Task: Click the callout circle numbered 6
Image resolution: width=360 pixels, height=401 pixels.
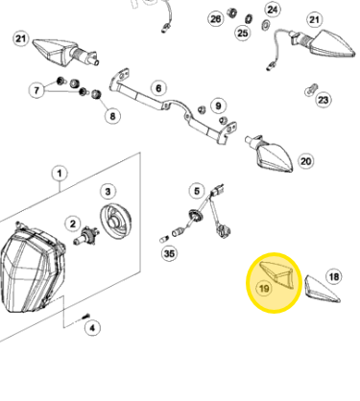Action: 158,88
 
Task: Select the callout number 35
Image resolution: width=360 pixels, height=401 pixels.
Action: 169,253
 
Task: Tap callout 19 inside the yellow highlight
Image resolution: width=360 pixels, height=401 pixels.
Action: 264,289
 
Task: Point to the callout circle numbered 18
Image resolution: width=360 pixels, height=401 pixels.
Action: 334,276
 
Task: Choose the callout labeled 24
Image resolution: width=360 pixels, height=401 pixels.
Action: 273,10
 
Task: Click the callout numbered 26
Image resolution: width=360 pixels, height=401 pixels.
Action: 216,19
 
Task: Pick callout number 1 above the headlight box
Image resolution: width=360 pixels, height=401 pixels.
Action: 60,174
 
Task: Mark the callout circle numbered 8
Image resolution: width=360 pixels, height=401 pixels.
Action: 112,116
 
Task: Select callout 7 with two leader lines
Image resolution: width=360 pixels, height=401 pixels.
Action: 36,90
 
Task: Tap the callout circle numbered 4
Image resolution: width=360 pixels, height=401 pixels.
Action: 92,328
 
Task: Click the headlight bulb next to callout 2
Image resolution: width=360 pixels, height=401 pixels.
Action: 85,236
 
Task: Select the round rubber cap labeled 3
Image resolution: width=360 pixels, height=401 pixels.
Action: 116,223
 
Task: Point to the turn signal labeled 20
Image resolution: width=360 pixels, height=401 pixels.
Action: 271,154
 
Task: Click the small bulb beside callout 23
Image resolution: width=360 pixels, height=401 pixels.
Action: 311,90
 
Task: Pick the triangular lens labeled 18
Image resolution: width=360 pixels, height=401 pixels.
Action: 322,289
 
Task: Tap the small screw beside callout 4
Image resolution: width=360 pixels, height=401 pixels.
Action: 85,317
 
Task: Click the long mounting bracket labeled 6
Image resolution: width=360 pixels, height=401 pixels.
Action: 173,106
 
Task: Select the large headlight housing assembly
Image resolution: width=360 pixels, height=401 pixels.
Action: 32,269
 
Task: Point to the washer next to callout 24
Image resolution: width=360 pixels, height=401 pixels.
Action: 265,24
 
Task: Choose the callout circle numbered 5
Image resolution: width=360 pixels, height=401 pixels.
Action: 197,191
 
